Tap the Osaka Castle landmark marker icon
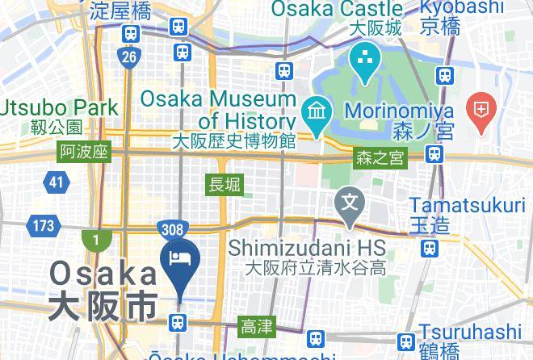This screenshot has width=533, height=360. tap(366, 61)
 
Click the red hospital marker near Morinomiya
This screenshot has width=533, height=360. tap(482, 111)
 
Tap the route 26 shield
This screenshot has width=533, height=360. tap(129, 57)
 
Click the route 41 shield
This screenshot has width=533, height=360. tap(55, 182)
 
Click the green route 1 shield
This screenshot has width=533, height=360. tap(95, 240)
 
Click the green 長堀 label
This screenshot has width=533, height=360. tap(225, 184)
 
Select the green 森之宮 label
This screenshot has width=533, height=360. tap(379, 159)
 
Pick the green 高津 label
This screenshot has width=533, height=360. tap(258, 327)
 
